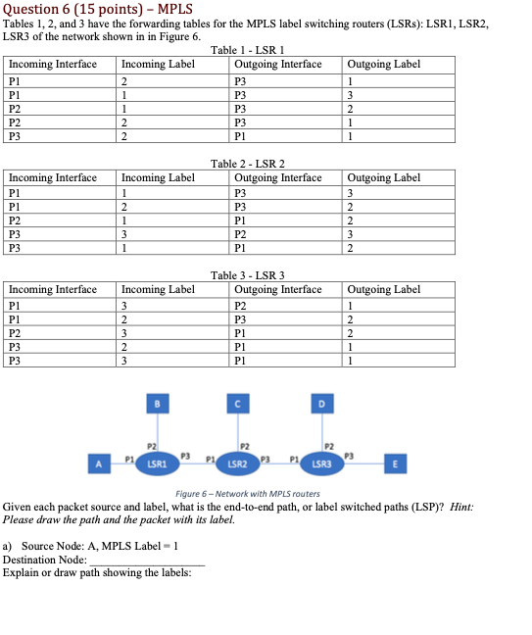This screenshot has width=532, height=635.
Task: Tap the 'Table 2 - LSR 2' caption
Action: click(246, 164)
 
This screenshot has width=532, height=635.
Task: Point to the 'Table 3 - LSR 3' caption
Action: click(246, 275)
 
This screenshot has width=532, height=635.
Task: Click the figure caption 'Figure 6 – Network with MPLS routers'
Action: click(247, 493)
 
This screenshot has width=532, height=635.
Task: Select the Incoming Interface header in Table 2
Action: click(53, 177)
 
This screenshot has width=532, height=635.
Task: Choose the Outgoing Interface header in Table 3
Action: click(278, 289)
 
